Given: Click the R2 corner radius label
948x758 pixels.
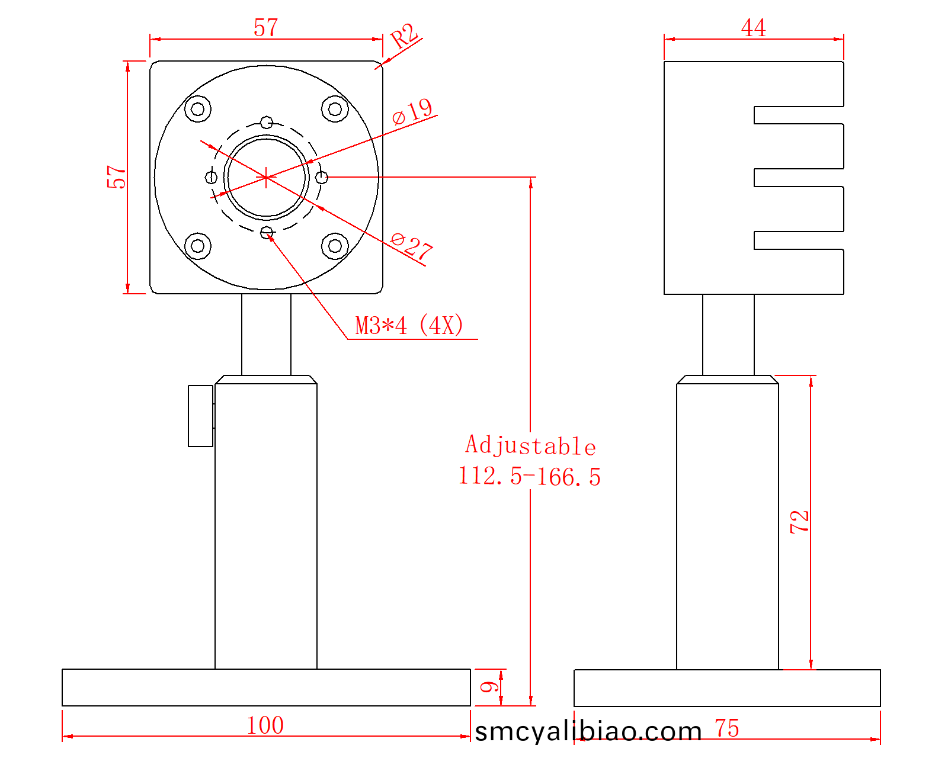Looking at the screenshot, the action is pos(405,36).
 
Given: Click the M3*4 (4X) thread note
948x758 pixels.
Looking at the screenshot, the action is pos(409,326).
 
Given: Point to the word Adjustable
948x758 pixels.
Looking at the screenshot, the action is pos(531,445).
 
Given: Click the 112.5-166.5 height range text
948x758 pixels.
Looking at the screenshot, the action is pos(530,477).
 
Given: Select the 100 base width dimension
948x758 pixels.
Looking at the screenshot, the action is pos(265,725).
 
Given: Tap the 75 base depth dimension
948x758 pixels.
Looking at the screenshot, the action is pos(727,728).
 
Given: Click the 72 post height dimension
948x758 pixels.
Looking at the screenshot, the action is pos(799,522).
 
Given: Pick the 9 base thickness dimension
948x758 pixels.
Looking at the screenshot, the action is pos(489,687).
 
